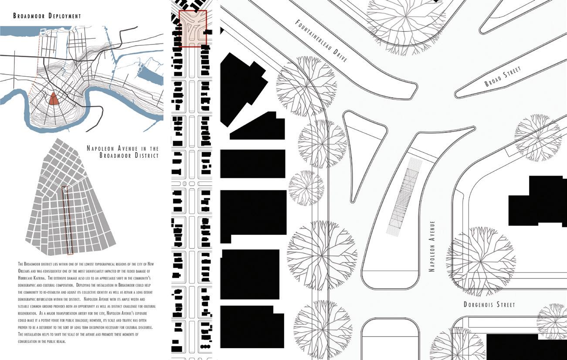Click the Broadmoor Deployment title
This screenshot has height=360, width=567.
click(47, 16)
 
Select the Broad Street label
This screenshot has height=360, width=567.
click(502, 77)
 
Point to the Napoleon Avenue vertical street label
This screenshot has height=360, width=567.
click(432, 246)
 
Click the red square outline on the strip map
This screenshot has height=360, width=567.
click(192, 29)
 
